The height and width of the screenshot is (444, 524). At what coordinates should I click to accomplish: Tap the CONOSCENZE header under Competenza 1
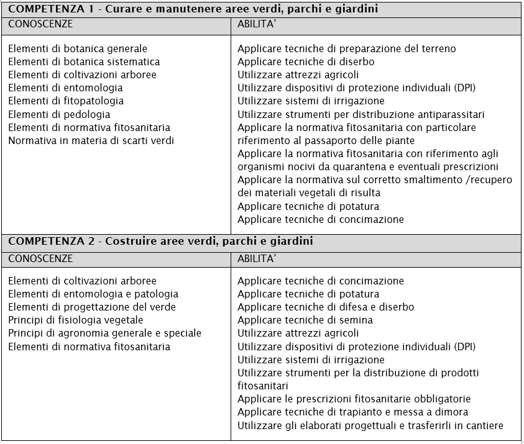click(x=40, y=24)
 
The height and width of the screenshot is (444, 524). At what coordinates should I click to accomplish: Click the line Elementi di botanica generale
click(x=78, y=48)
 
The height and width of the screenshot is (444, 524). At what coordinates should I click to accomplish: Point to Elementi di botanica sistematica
click(x=84, y=61)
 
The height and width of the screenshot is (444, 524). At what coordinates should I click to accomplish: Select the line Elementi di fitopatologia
click(x=66, y=101)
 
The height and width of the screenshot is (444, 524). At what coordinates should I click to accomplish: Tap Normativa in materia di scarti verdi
click(x=91, y=140)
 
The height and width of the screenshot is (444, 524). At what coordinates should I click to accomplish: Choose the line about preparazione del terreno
click(x=346, y=48)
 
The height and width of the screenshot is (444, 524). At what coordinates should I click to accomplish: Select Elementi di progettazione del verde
click(x=92, y=307)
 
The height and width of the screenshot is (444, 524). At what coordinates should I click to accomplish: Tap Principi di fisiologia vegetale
click(x=76, y=320)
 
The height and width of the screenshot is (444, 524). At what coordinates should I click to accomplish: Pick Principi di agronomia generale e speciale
click(x=104, y=333)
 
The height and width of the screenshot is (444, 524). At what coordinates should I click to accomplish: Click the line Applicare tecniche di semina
click(x=305, y=320)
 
